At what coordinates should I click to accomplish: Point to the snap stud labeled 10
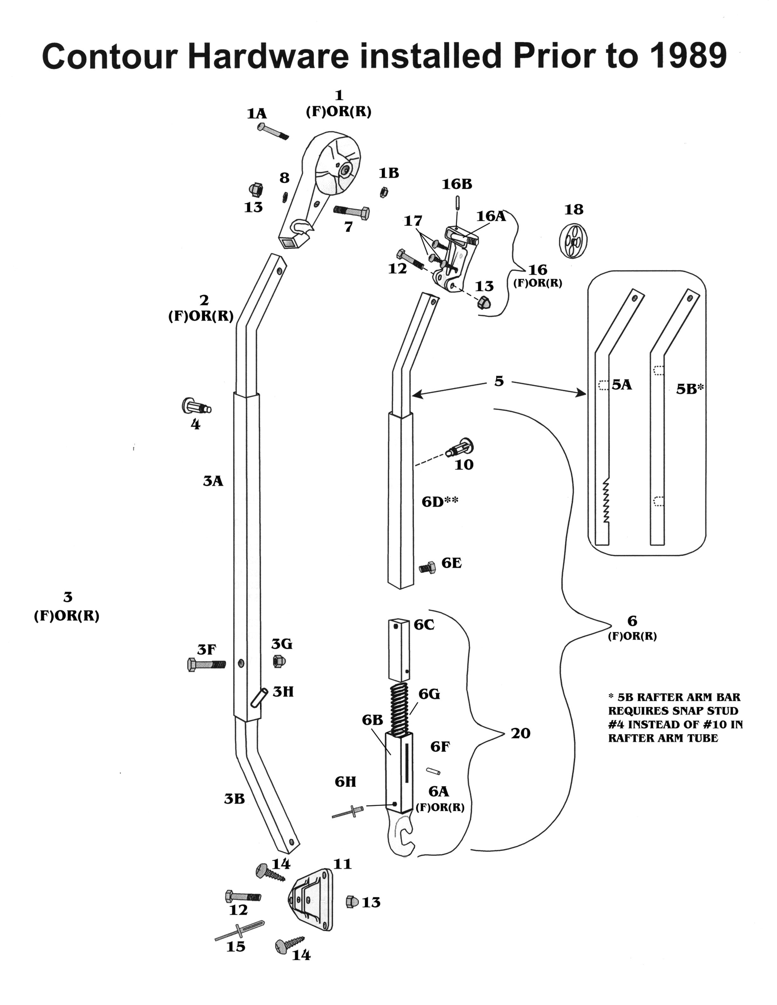[460, 448]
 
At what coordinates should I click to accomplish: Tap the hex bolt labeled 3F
[207, 664]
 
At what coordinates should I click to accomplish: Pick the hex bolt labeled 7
[351, 212]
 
